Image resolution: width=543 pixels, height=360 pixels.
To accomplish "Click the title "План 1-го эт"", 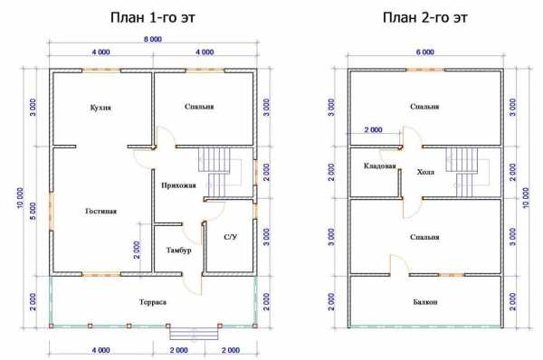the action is tap(153, 17).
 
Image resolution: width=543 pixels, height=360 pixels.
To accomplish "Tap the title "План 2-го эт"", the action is tap(425, 17).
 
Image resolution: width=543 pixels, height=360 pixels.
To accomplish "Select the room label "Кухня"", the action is tap(100, 108).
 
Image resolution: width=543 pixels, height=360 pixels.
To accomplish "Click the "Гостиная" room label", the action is tap(100, 211).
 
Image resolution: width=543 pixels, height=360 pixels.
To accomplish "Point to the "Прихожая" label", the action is tap(178, 185).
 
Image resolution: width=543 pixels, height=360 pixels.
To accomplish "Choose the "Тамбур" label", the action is tap(178, 250).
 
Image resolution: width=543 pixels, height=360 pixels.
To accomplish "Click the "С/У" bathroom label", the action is tap(231, 237).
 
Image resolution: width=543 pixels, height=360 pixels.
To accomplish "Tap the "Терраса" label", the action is tap(153, 302).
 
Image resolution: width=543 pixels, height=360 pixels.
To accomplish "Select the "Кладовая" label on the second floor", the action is tap(379, 166).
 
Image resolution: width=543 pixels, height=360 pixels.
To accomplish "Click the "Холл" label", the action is tap(425, 172).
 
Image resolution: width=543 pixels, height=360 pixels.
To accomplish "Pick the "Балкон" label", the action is tap(425, 302).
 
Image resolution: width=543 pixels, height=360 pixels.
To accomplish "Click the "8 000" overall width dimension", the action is tap(153, 39).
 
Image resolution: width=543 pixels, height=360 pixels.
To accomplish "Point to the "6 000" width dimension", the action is tap(425, 52).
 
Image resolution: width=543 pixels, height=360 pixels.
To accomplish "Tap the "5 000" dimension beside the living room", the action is tap(33, 212).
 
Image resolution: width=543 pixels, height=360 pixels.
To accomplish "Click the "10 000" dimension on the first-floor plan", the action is tap(20, 198).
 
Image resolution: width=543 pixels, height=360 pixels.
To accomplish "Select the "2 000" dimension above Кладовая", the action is tap(373, 130).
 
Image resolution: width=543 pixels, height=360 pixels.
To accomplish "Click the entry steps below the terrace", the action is tap(194, 334).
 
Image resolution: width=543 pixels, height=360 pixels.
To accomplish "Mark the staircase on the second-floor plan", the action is tap(464, 172).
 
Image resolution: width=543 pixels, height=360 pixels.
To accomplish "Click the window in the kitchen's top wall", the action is tap(101, 71).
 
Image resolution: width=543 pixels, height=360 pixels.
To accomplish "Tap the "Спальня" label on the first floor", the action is tap(199, 107).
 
